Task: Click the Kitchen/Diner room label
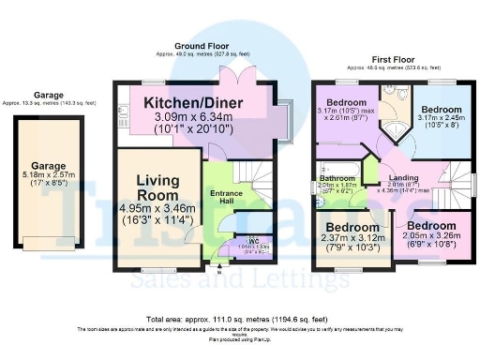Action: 195,100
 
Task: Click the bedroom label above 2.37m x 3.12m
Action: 352,227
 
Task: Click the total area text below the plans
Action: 240,319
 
